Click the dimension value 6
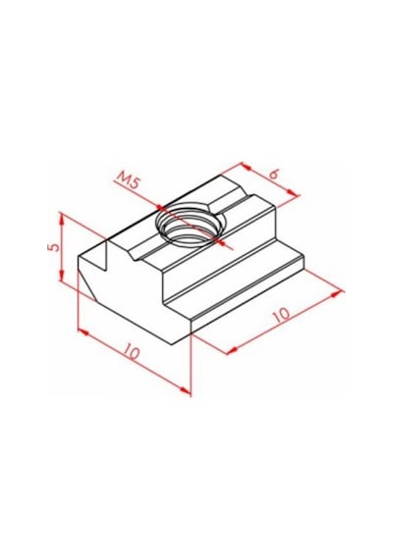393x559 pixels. [274, 175]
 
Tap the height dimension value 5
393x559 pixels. [55, 247]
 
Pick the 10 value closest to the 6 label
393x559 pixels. [282, 315]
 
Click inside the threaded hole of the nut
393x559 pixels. [191, 229]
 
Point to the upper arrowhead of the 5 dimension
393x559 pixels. [62, 219]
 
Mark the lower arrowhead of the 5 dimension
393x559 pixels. [62, 275]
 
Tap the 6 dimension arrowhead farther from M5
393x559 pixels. [293, 193]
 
